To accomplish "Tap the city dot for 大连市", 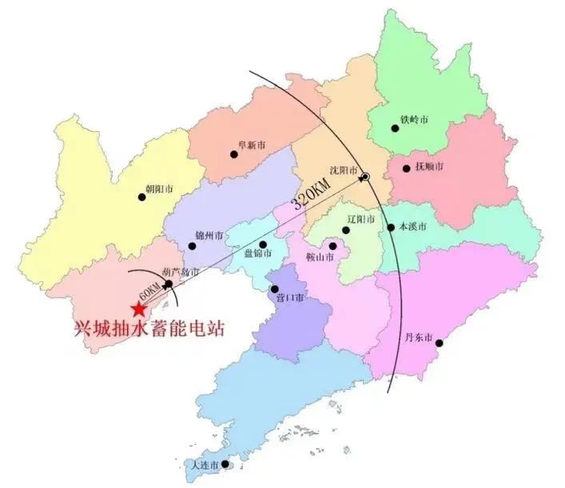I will tap(225, 463).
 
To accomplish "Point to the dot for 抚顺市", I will tap(407, 168).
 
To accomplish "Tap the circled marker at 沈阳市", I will tap(364, 177).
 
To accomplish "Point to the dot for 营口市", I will tap(275, 289).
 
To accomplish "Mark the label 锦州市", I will tap(209, 236).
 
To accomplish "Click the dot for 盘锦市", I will tap(263, 244).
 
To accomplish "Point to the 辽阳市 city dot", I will tap(346, 230).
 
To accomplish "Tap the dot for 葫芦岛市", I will tap(169, 284).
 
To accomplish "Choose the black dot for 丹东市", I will tap(439, 343).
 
